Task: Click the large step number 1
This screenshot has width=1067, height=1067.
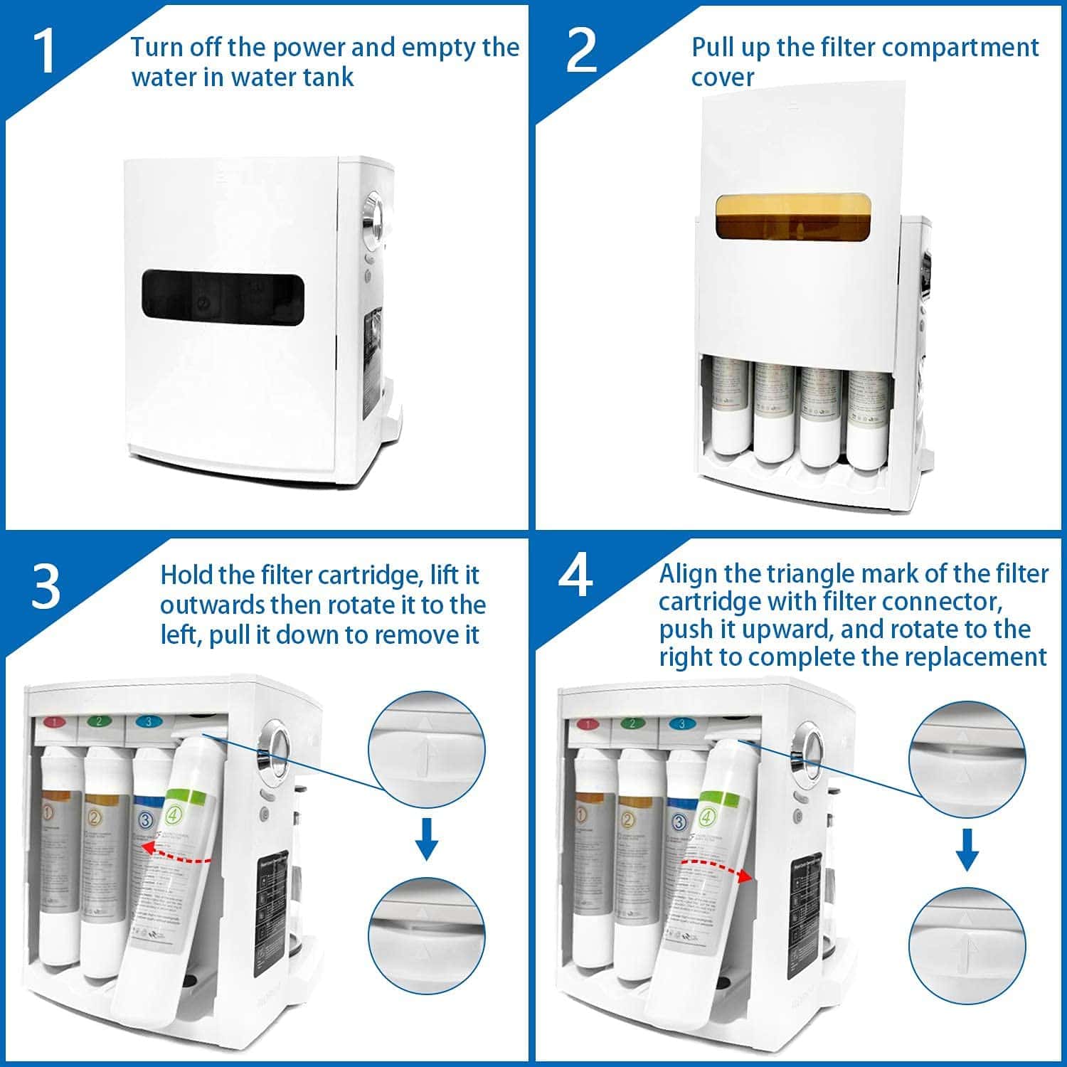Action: (45, 51)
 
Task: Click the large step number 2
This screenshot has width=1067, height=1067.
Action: (581, 51)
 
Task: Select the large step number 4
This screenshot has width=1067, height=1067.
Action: (575, 578)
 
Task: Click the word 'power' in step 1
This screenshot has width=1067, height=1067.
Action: (307, 48)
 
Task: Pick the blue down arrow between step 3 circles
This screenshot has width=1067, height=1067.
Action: (426, 839)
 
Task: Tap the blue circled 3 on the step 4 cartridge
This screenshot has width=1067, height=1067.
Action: (678, 822)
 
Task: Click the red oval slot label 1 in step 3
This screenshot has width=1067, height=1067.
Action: (55, 722)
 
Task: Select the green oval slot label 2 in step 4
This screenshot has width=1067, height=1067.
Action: (631, 723)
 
